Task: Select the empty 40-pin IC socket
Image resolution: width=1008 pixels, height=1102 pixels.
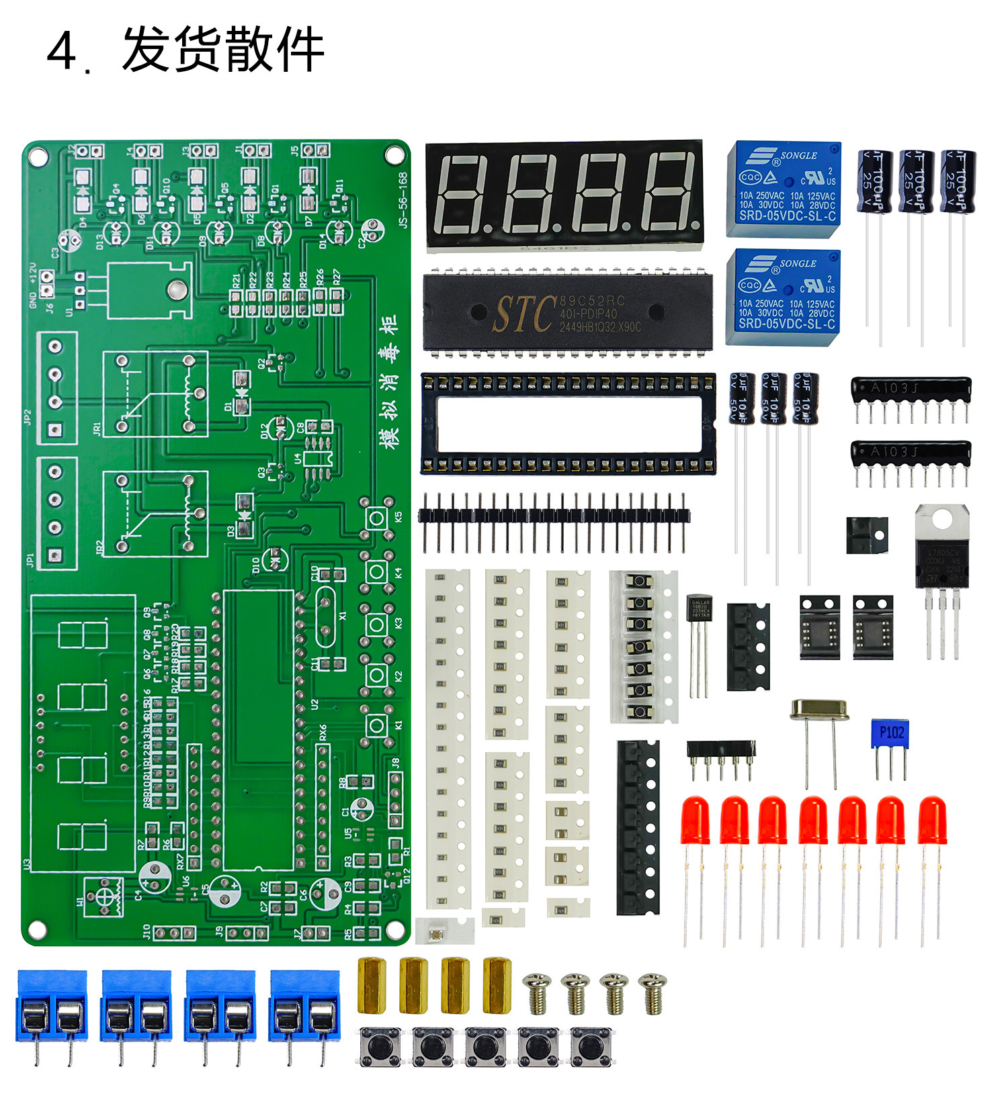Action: point(568,424)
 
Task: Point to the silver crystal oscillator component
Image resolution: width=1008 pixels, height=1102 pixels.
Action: point(818,710)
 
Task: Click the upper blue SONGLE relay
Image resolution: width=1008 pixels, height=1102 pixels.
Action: point(784,188)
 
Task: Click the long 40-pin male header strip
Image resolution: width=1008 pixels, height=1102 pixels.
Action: point(554,516)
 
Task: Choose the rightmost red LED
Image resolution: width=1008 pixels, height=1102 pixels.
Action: point(932,821)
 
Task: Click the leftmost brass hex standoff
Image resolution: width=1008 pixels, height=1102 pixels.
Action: point(372,985)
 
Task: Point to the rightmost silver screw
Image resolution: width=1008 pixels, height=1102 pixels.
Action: point(653,993)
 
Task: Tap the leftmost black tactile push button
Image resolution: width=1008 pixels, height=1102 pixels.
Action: point(380,1046)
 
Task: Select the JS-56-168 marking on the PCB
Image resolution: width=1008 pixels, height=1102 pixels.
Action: point(403,200)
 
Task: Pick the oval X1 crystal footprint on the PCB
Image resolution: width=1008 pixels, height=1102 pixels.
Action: point(325,616)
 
